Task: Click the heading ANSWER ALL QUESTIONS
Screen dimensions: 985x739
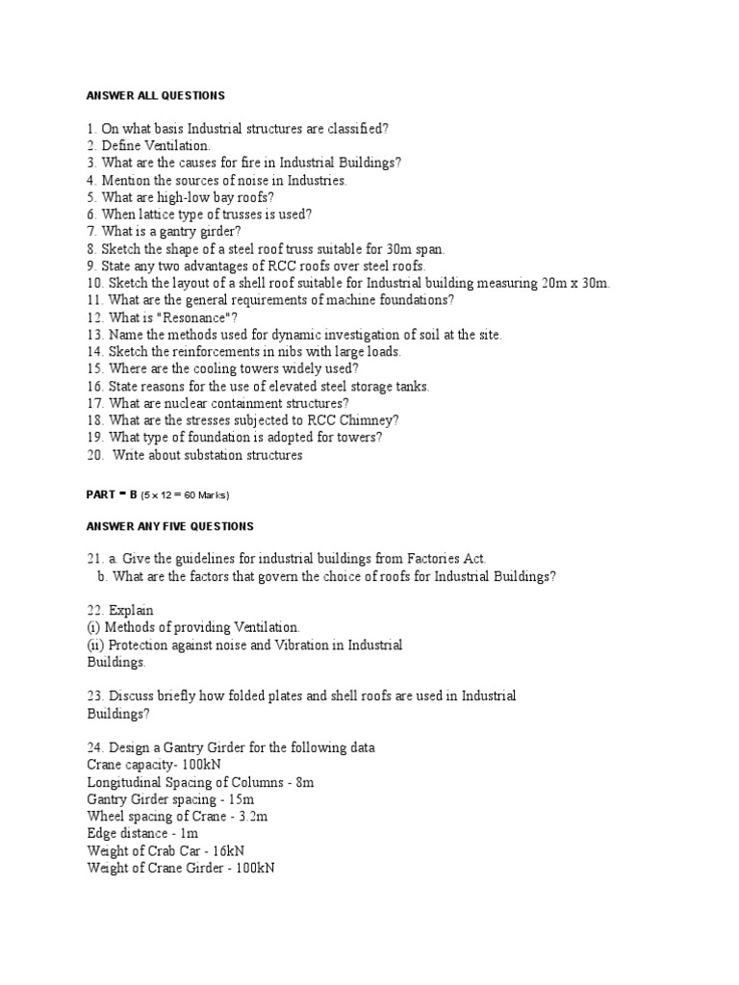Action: [x=155, y=95]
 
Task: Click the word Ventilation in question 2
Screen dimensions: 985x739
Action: [x=178, y=145]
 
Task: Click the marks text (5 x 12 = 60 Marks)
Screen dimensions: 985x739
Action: [x=185, y=495]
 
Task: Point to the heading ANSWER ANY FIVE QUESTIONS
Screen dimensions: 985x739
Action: [x=169, y=526]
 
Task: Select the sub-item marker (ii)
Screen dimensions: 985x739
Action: [x=94, y=644]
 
